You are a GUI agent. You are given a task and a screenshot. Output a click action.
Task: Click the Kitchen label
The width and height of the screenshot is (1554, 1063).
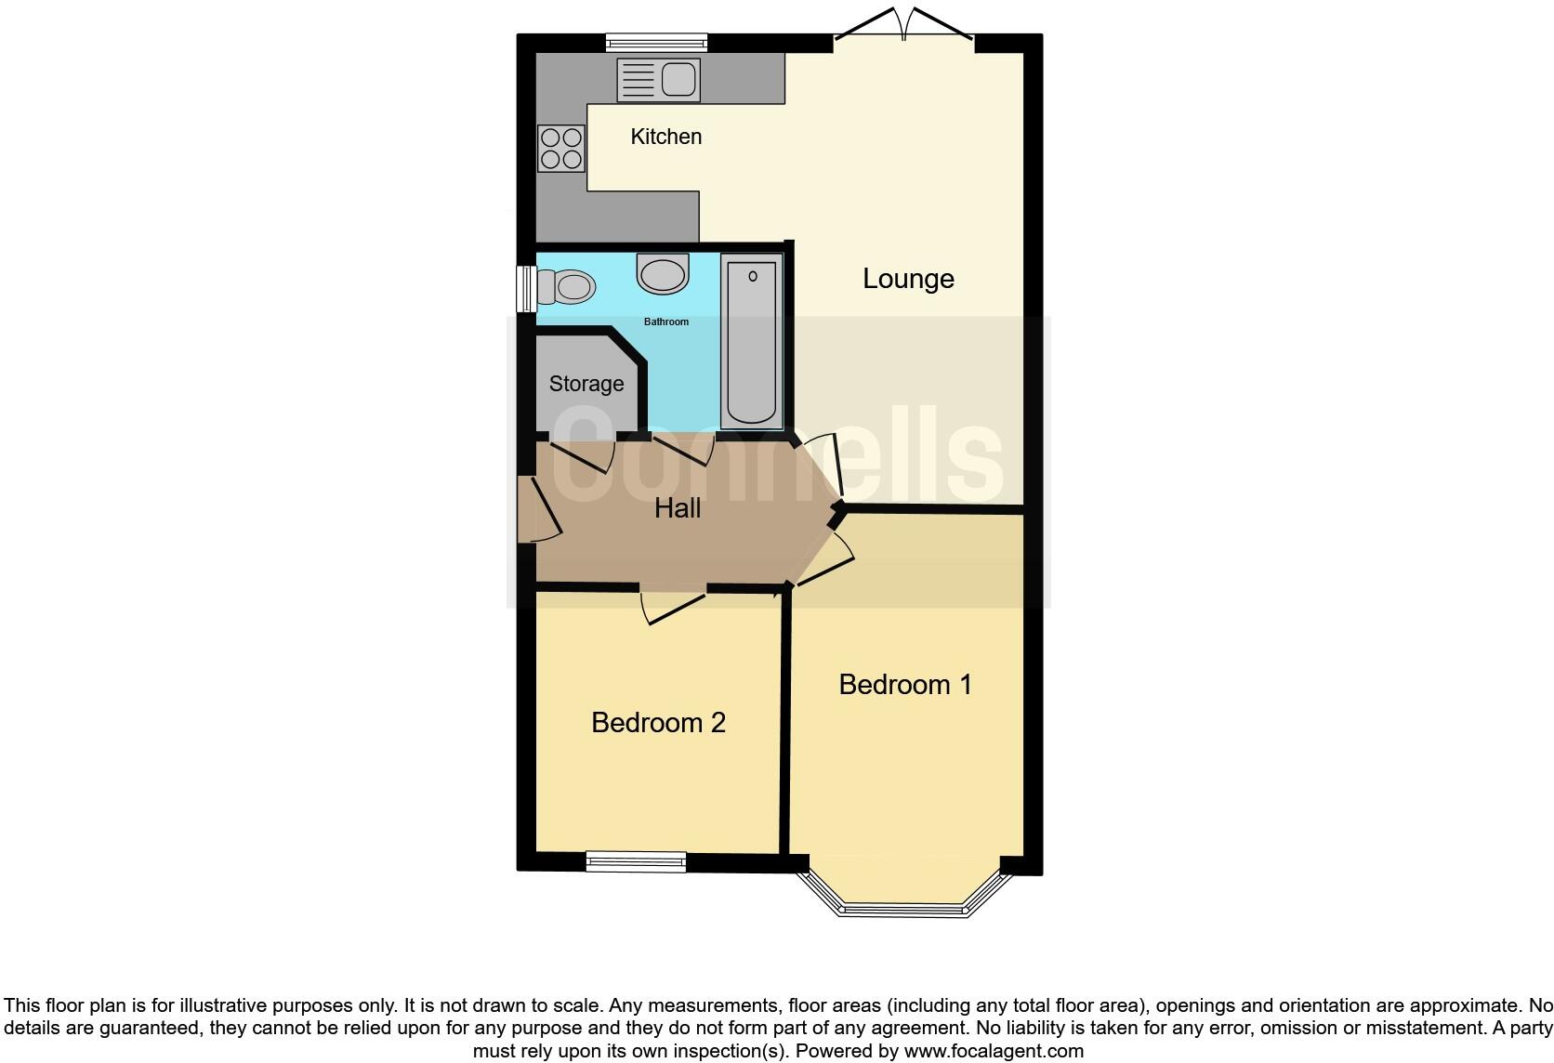tap(665, 137)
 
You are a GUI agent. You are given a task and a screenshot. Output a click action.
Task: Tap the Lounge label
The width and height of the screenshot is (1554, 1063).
tap(908, 279)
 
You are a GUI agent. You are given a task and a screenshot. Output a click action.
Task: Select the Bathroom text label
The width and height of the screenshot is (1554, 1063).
tap(666, 322)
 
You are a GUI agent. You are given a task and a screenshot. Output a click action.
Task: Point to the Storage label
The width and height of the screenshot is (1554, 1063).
tap(586, 384)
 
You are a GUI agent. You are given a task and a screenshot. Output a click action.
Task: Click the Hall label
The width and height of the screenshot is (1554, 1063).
tap(678, 508)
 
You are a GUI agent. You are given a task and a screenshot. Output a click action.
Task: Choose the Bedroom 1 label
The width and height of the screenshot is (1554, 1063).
tap(905, 685)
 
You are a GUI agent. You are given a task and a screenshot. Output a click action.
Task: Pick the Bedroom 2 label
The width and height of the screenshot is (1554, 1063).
tap(658, 723)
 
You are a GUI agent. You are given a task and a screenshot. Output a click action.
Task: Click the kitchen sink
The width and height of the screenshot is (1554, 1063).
tap(658, 79)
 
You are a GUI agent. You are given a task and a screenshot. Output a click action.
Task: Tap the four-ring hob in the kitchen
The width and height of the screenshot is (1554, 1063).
tap(561, 149)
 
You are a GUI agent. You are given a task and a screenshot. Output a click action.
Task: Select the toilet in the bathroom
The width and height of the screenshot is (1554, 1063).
tap(567, 287)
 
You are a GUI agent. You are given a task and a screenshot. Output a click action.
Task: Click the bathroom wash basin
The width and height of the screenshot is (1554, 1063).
tap(663, 274)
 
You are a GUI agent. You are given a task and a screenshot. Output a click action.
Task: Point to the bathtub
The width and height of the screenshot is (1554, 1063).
tap(751, 342)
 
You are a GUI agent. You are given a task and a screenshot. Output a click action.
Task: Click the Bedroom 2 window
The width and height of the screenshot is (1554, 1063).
tap(636, 862)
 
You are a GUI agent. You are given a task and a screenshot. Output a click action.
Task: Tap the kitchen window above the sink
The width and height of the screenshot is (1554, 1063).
tap(656, 42)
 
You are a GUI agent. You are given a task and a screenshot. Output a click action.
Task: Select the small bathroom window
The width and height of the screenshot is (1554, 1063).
tap(526, 288)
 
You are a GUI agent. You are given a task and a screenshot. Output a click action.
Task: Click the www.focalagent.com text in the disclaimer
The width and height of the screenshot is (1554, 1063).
tap(993, 1051)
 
